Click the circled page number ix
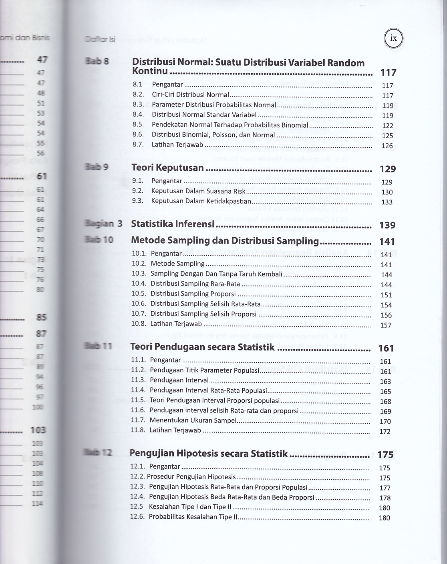tap(394, 38)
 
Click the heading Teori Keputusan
tap(168, 168)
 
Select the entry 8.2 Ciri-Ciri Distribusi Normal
tap(190, 95)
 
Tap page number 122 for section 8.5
tap(387, 126)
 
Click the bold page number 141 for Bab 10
tap(387, 242)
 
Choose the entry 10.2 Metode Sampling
tap(177, 264)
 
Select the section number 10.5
tap(138, 294)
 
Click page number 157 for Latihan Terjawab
tap(386, 325)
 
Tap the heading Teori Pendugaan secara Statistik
tap(203, 347)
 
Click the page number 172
tap(385, 432)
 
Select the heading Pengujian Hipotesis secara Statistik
tap(209, 454)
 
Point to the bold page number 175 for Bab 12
tap(385, 455)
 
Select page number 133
tap(387, 202)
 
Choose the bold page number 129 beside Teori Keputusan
tap(387, 169)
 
